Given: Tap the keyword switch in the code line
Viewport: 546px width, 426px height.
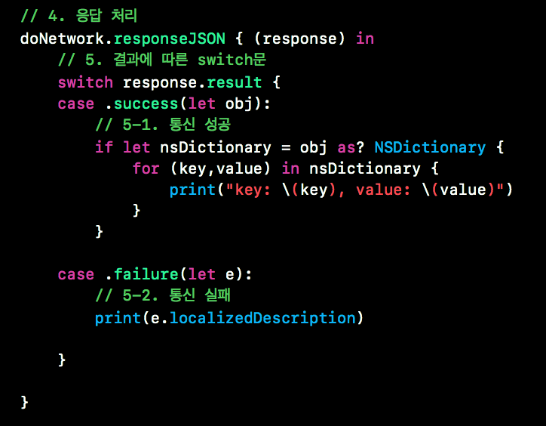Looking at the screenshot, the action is pyautogui.click(x=85, y=82).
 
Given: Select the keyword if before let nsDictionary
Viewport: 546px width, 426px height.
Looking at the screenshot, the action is pyautogui.click(x=103, y=147).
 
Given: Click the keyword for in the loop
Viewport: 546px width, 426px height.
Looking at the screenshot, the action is pyautogui.click(x=146, y=168).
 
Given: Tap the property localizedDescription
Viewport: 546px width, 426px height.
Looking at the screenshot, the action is pyautogui.click(x=262, y=318).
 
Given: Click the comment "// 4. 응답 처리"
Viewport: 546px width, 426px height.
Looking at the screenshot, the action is pyautogui.click(x=79, y=15).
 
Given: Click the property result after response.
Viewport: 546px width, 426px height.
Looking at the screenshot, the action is pyautogui.click(x=234, y=82).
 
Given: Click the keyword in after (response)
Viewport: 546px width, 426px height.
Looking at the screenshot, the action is pyautogui.click(x=364, y=39).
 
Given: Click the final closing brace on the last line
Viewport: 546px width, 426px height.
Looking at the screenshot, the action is pyautogui.click(x=25, y=401).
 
